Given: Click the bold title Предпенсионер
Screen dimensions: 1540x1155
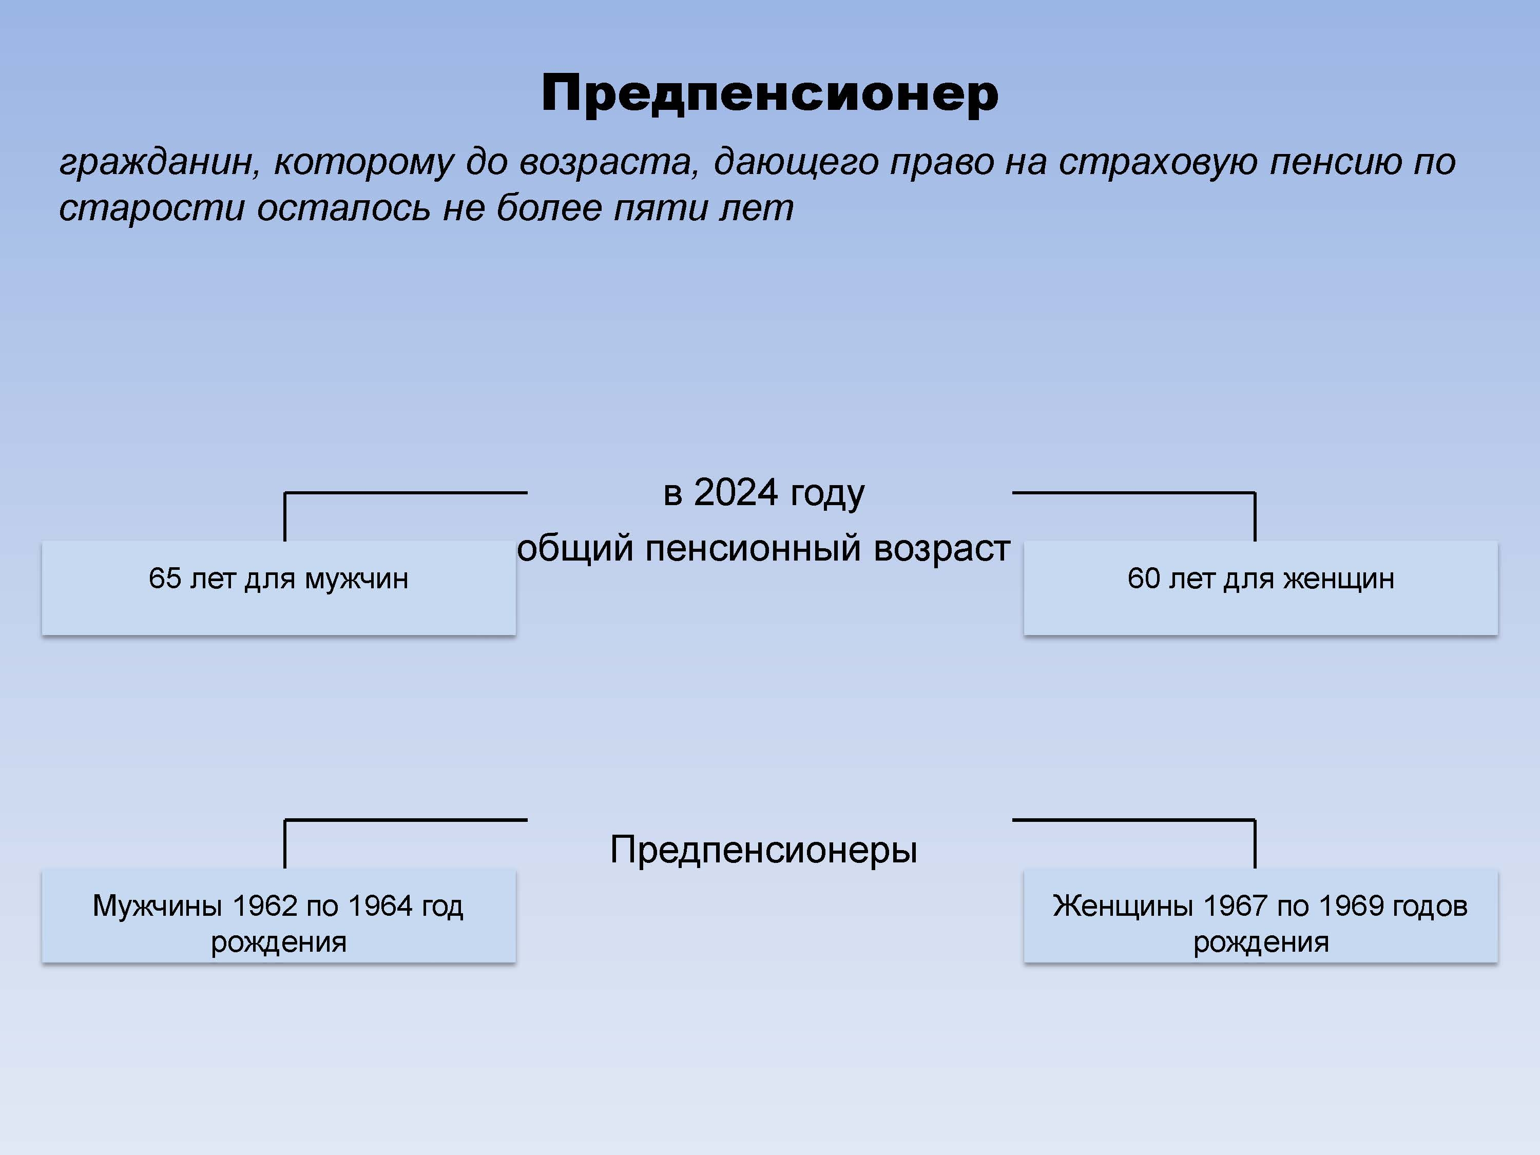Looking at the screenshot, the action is click(770, 94).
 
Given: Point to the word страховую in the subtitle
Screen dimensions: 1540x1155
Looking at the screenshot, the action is click(1159, 163).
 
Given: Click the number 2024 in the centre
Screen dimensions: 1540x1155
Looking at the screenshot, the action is click(735, 492).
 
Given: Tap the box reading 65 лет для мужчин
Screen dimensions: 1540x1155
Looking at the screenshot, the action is click(278, 588).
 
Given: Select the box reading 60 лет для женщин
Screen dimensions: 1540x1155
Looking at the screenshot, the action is click(1261, 588).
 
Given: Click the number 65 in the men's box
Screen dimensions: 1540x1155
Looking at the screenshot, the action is click(165, 579).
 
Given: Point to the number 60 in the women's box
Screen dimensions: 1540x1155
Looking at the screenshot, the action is click(1144, 579).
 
